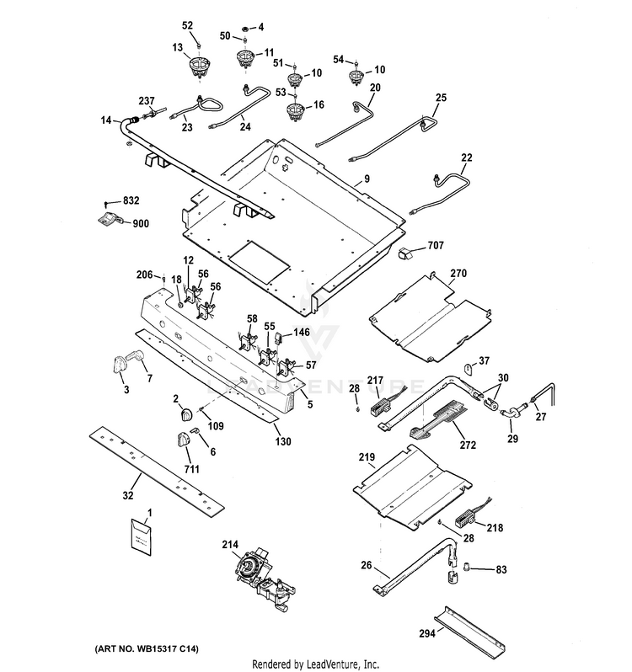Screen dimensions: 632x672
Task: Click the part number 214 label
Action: (230, 544)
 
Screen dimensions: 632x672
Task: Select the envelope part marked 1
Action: (141, 536)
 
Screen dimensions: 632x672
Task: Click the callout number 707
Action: (436, 245)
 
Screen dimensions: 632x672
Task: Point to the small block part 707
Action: (406, 253)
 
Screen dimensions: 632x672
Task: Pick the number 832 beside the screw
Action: (131, 200)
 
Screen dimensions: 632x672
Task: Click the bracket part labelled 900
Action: (110, 219)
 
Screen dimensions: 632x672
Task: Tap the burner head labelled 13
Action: (199, 67)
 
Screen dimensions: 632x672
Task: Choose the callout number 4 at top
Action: (260, 28)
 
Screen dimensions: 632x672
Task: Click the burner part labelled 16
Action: (295, 110)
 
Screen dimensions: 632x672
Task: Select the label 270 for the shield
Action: (458, 273)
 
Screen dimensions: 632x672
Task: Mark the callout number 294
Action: (427, 632)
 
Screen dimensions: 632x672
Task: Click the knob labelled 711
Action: (185, 440)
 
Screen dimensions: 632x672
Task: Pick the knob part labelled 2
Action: (186, 414)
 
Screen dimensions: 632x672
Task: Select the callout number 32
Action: (128, 495)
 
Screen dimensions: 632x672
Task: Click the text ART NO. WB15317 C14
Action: (147, 649)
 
